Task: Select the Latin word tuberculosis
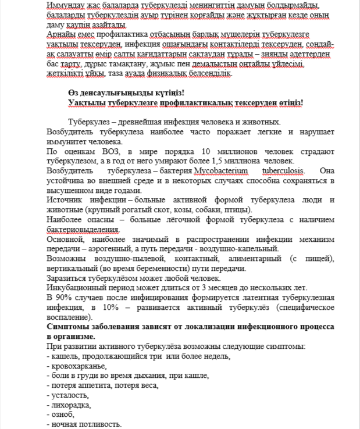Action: [283, 171]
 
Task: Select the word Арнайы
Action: [60, 34]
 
